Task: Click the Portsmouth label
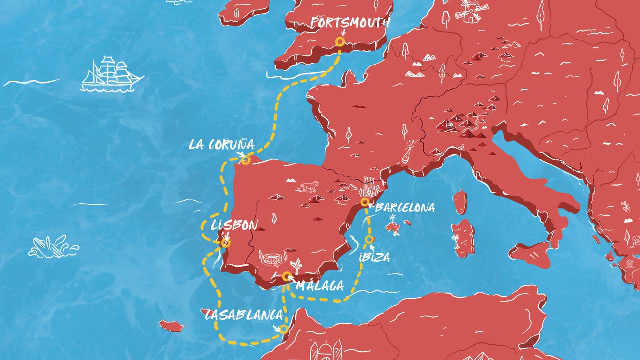[350, 22]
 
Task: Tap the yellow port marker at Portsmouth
[340, 42]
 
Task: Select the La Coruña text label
[221, 144]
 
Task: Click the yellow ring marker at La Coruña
[246, 160]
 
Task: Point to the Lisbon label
[234, 225]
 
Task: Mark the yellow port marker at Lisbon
[226, 242]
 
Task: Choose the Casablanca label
[244, 315]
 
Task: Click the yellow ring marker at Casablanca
[284, 329]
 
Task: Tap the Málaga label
[320, 286]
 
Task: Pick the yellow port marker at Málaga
[286, 276]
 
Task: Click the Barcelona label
[405, 207]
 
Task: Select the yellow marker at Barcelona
[364, 202]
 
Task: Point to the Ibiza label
[374, 257]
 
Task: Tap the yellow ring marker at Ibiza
[369, 240]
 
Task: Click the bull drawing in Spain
[308, 186]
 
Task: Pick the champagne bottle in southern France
[408, 151]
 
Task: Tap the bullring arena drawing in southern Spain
[270, 257]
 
